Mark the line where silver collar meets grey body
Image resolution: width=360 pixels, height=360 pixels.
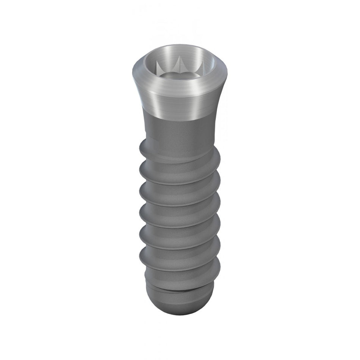pos(178,121)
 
